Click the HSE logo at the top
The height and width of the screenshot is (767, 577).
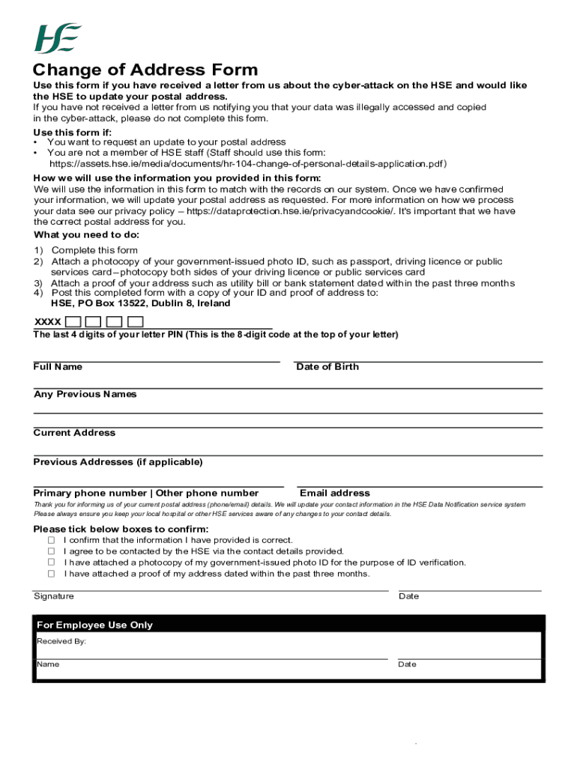coord(58,38)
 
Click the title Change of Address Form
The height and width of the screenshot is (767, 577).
coord(145,70)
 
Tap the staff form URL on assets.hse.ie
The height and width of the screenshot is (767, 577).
coord(248,163)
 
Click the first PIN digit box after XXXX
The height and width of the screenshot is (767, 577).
coord(73,321)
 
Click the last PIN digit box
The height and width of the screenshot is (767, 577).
coord(135,321)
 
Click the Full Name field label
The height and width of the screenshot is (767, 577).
coord(58,367)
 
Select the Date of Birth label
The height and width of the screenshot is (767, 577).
coord(327,367)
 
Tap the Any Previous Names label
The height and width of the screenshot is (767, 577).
coord(85,394)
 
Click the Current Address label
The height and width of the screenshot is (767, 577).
coord(74,433)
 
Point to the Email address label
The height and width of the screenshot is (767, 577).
coord(334,493)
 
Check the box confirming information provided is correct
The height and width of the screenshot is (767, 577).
coord(52,540)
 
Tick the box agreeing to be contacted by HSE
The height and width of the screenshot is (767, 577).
coord(52,551)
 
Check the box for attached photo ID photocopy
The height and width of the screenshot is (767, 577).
coord(52,563)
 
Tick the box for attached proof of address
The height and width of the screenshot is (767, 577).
coord(52,574)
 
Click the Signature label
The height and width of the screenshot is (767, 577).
coord(54,596)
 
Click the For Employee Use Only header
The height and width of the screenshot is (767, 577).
coord(94,625)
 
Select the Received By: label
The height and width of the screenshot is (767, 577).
coord(61,642)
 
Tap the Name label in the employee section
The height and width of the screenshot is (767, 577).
coord(48,664)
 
